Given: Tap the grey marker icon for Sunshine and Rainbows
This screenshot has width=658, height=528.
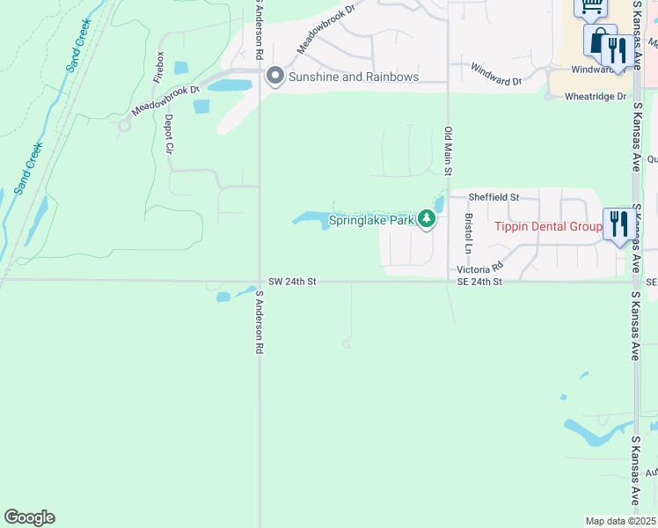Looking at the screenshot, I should click(274, 77).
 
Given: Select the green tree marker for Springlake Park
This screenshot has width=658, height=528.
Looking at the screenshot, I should click(427, 218).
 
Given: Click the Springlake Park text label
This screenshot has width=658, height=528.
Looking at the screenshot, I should click(371, 219).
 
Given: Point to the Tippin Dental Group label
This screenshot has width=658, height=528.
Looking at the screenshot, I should click(547, 226).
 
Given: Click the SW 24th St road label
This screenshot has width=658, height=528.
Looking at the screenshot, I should click(292, 282).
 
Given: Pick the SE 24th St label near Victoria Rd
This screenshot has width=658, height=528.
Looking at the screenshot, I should click(479, 282).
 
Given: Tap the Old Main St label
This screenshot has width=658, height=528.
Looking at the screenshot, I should click(449, 150).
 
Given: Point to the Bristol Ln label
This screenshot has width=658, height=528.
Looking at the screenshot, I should click(468, 231).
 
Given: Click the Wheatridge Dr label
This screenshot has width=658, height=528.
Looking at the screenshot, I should click(596, 96).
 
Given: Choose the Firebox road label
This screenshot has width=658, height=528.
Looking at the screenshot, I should click(159, 67).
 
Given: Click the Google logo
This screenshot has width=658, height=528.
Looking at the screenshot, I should click(29, 517).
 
